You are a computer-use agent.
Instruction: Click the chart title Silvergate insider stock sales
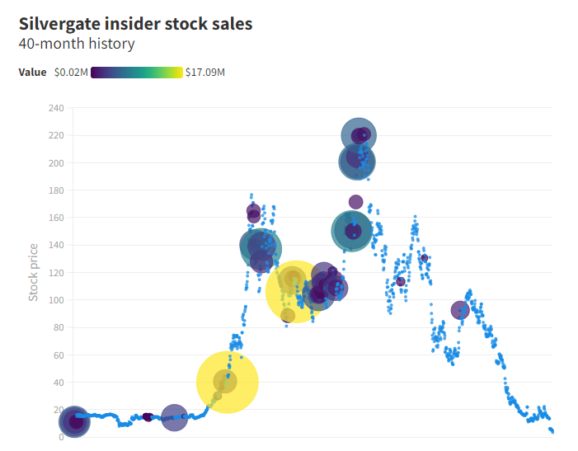135,24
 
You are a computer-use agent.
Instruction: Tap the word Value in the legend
32,73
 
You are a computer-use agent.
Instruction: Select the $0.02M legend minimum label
70,73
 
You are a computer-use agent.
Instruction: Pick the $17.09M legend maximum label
205,73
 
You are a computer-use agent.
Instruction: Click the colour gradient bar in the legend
137,73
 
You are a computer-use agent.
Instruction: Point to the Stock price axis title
34,272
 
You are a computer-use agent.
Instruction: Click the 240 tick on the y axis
55,108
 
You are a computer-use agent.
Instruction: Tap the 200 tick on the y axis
55,163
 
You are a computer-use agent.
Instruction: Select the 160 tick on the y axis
55,218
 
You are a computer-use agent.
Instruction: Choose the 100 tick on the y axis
55,300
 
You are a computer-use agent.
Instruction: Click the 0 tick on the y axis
60,437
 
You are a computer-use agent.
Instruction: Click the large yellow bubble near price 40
227,382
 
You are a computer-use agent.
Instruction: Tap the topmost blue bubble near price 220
359,135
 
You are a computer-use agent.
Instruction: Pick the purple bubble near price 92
460,310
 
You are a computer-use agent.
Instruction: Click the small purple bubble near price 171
355,202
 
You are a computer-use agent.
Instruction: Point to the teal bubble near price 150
353,232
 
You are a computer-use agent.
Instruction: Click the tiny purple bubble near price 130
425,258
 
